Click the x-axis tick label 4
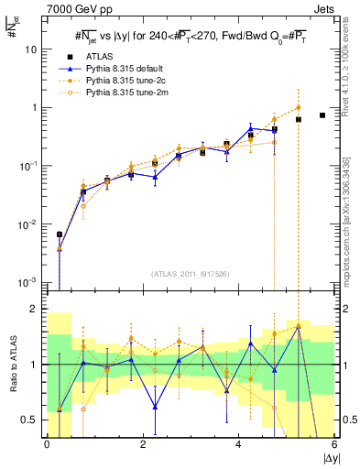coord(239,444)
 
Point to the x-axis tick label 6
coord(334,444)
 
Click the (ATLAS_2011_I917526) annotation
coord(191,273)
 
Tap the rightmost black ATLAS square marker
coord(322,115)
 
